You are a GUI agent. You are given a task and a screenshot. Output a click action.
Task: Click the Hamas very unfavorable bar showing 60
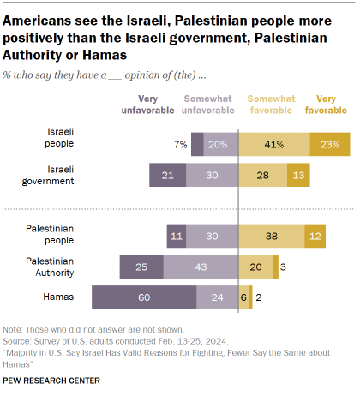(144, 298)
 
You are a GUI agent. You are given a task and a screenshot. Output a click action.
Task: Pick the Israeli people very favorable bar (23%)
(329, 145)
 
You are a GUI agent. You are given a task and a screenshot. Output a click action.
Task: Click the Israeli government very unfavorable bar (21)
(168, 175)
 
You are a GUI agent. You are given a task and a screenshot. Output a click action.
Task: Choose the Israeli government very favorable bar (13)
(297, 175)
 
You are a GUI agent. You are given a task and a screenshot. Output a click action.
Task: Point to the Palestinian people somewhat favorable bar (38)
(271, 237)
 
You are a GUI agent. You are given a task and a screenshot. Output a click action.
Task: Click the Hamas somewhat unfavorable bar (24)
(218, 298)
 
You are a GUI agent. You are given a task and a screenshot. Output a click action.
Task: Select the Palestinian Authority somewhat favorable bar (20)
(255, 267)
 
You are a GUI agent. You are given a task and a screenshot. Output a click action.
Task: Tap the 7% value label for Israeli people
(180, 145)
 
